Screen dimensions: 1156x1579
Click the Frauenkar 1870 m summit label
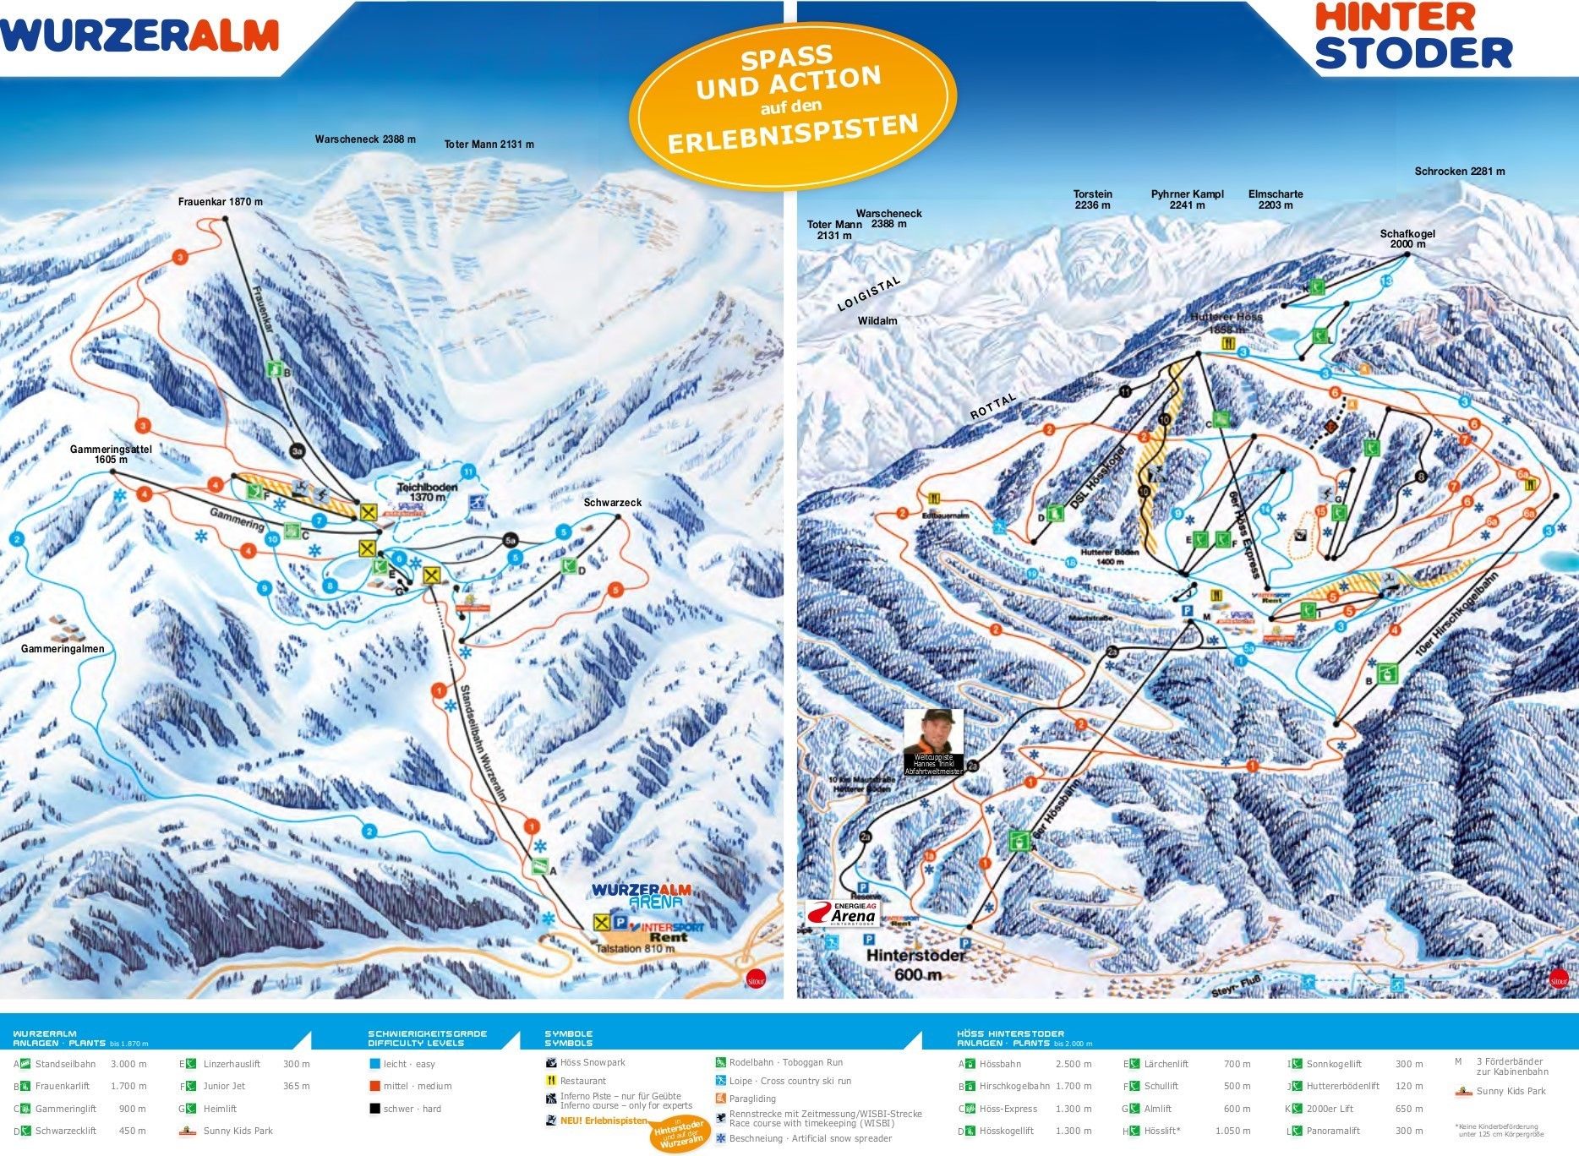220,202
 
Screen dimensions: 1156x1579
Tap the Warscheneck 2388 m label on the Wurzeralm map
365,139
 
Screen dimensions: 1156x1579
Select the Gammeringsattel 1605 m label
111,455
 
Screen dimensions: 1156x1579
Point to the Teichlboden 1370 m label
428,493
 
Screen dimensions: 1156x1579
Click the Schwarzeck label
612,503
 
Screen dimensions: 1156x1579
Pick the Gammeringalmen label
63,649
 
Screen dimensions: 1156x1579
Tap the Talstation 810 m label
635,949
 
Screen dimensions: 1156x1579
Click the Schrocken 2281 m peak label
1459,172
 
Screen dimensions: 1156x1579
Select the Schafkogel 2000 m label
1407,239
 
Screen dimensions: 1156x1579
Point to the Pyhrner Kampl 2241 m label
1187,199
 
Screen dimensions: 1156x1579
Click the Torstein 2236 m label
1092,199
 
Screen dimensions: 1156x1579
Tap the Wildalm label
877,321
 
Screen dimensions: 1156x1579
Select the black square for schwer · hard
374,1109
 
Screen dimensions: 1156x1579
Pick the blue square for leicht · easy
374,1065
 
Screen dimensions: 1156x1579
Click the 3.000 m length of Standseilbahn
128,1065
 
